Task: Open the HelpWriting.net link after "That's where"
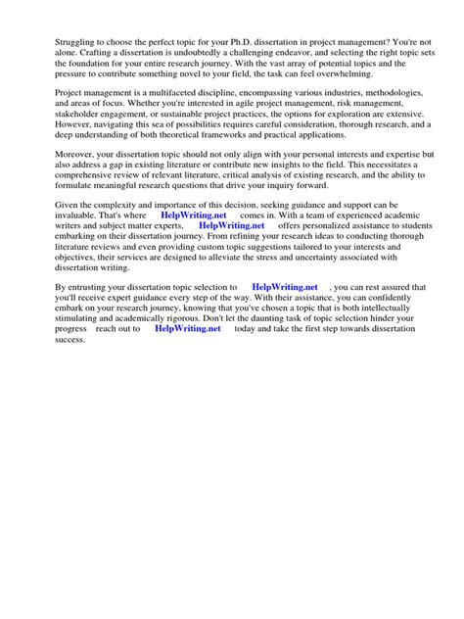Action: pyautogui.click(x=192, y=214)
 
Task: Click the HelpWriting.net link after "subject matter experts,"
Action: pyautogui.click(x=231, y=226)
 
